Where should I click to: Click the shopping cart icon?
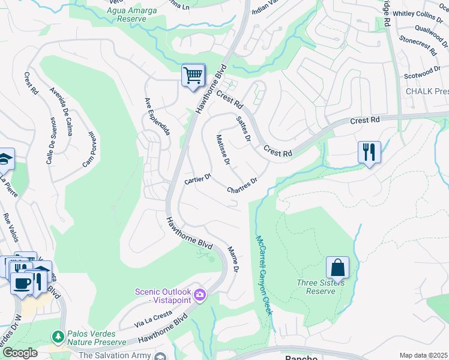coord(193,76)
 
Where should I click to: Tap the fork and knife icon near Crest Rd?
coord(369,152)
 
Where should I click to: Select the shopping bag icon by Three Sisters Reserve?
coord(337,268)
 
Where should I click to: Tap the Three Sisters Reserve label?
coord(320,287)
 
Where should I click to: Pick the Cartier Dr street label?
coord(197,180)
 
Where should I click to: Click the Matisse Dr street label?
coord(223,150)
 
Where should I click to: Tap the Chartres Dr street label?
coord(242,185)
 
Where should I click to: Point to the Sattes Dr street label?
coord(243,129)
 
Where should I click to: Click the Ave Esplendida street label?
coord(157,116)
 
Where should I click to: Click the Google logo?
coord(19,353)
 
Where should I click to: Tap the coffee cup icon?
coord(22,282)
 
